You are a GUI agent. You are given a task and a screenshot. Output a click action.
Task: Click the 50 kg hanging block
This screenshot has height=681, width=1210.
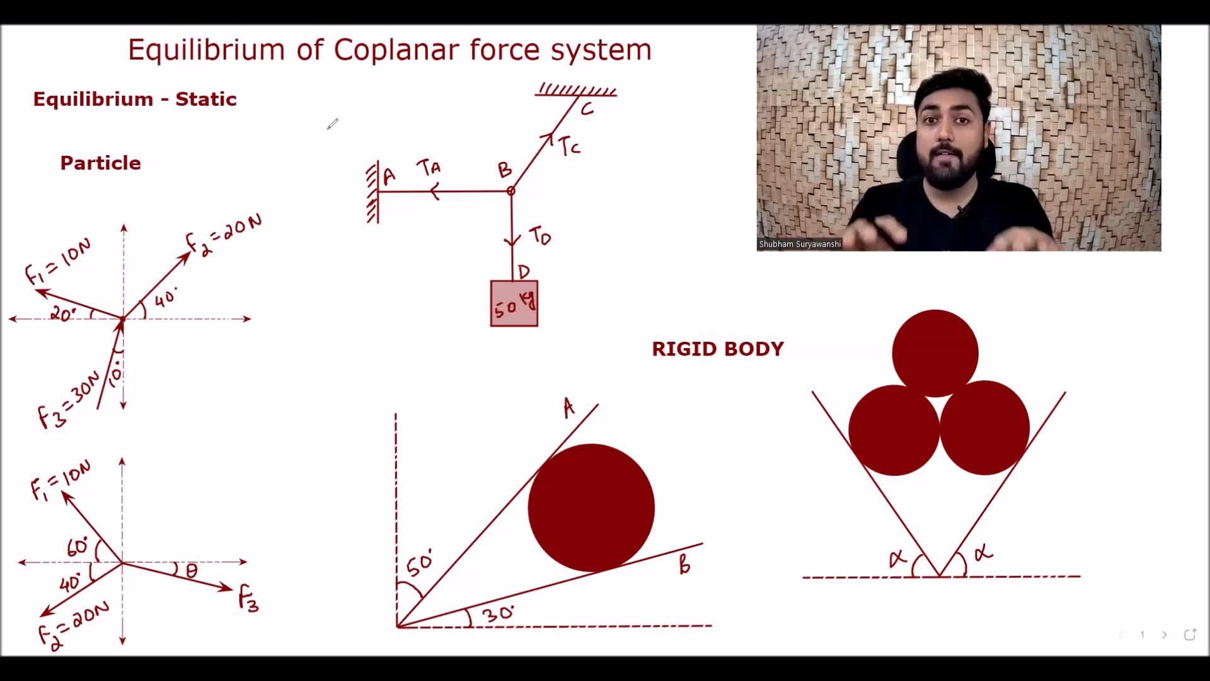pos(514,303)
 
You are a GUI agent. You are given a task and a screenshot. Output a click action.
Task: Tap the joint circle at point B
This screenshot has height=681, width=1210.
pos(511,190)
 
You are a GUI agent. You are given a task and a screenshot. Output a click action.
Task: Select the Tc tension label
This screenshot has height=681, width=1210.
pos(569,146)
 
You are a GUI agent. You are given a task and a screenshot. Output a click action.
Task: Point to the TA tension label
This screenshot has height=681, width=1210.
pos(429,168)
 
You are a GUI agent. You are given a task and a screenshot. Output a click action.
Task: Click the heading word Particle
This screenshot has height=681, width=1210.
pos(101,163)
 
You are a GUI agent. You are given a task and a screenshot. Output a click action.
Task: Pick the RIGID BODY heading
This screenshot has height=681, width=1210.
pos(718,349)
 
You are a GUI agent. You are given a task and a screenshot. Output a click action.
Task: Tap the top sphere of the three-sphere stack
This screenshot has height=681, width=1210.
pos(935,353)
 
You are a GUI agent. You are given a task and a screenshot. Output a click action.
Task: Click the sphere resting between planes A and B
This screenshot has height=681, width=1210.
pos(591,508)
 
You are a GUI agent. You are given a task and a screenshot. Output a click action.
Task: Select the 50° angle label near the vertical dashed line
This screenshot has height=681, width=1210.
pos(420,563)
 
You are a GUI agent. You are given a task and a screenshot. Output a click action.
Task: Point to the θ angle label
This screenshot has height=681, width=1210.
pos(192,571)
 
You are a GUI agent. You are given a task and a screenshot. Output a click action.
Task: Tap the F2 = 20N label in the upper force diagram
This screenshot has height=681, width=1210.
pos(224,235)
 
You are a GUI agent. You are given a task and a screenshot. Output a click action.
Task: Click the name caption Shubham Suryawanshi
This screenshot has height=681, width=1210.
pos(800,244)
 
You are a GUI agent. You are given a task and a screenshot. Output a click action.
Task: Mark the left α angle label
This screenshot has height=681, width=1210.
pos(897,558)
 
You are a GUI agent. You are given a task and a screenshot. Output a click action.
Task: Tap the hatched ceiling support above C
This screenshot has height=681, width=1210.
pos(576,90)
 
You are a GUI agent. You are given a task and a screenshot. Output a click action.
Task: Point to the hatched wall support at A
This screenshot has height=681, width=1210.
pos(372,192)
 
